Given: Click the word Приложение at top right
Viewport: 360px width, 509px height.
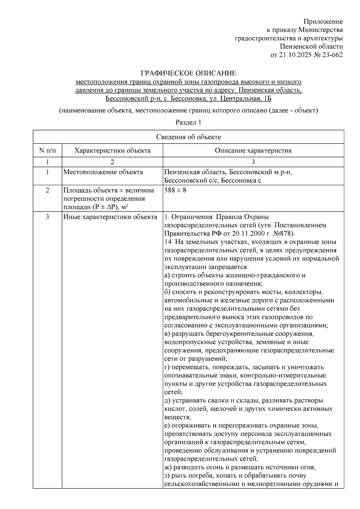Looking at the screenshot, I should pyautogui.click(x=323, y=22).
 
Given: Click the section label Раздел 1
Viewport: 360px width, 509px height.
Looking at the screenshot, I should pyautogui.click(x=188, y=122).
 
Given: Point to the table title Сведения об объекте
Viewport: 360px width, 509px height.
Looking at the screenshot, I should pyautogui.click(x=188, y=137).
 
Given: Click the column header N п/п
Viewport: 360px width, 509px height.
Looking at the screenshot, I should pyautogui.click(x=47, y=150).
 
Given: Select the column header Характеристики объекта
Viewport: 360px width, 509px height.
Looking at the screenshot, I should pyautogui.click(x=112, y=150).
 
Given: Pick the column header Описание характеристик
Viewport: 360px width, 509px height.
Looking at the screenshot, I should pyautogui.click(x=253, y=150).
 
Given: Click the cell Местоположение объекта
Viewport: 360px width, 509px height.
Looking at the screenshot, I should pyautogui.click(x=103, y=172).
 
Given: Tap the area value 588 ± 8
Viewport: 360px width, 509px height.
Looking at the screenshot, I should pyautogui.click(x=175, y=190).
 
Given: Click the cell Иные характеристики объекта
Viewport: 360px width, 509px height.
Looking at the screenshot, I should pyautogui.click(x=110, y=217).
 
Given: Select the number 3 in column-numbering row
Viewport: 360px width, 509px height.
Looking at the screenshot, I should pyautogui.click(x=253, y=162).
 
